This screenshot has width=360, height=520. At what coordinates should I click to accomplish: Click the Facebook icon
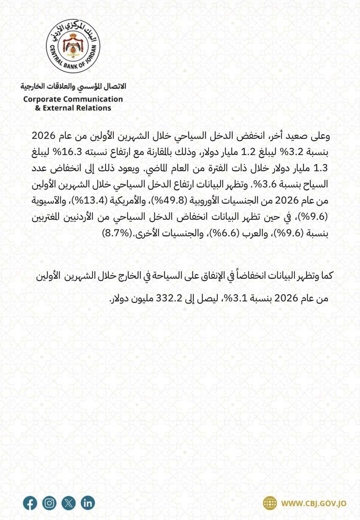pyautogui.click(x=30, y=503)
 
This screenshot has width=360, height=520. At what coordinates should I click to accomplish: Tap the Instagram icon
pyautogui.click(x=49, y=503)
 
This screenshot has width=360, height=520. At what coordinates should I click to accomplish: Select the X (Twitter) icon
pyautogui.click(x=69, y=503)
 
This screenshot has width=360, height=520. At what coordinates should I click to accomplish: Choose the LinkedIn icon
pyautogui.click(x=88, y=503)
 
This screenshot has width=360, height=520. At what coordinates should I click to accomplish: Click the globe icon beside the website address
pyautogui.click(x=270, y=503)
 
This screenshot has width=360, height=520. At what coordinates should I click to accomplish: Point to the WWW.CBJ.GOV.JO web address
pyautogui.click(x=314, y=503)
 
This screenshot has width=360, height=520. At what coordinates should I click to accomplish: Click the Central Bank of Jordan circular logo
pyautogui.click(x=73, y=46)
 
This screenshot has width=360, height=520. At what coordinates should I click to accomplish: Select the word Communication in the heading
pyautogui.click(x=93, y=99)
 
